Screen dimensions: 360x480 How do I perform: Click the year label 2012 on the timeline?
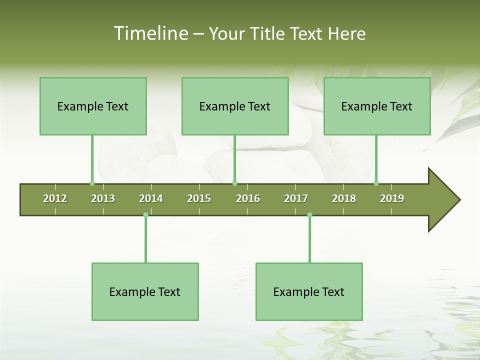coord(55,198)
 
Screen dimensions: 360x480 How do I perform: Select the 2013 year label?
coord(103,198)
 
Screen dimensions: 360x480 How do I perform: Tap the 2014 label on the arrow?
coord(151,198)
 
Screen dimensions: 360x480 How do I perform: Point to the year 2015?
coord(199,198)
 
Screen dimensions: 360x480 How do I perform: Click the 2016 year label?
coord(248,198)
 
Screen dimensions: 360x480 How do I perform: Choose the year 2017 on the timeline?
coord(296,198)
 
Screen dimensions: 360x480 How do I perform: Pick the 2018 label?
coord(344,198)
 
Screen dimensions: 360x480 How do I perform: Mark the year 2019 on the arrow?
coord(392,198)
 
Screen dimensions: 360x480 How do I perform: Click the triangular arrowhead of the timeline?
coord(442,200)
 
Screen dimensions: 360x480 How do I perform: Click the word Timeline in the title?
coord(150,33)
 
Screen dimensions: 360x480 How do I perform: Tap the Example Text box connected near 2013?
coord(93,106)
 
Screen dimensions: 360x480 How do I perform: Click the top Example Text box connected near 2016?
coord(235,106)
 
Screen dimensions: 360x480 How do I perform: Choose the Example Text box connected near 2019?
coord(377,106)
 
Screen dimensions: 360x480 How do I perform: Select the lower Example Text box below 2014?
coord(145,291)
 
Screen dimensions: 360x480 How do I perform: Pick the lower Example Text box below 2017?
coord(309,291)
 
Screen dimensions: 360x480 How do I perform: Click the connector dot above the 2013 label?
coord(92,183)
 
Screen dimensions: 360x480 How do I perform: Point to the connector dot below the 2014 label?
coord(145,215)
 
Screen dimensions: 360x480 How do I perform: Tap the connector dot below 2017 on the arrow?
coord(309,215)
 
